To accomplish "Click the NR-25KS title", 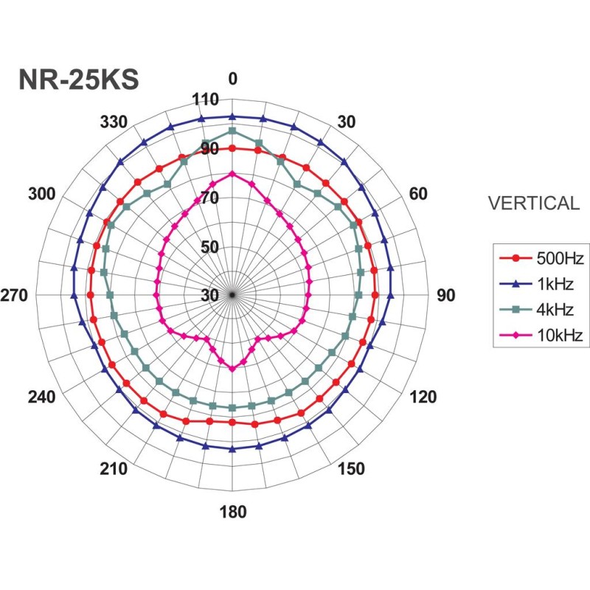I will [x=78, y=80].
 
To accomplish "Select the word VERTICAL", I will [x=535, y=204].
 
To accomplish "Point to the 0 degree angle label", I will [x=233, y=80].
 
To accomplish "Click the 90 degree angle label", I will [x=446, y=295].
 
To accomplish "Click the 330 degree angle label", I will [x=114, y=122].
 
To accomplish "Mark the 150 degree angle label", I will [x=350, y=469].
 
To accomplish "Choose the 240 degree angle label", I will [x=42, y=397].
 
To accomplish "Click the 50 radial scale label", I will [x=209, y=247].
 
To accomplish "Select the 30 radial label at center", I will [x=209, y=295].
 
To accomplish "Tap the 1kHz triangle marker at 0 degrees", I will [x=232, y=116].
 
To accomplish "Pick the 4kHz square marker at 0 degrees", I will [x=232, y=131].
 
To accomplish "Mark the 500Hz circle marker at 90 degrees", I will [x=375, y=295].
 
